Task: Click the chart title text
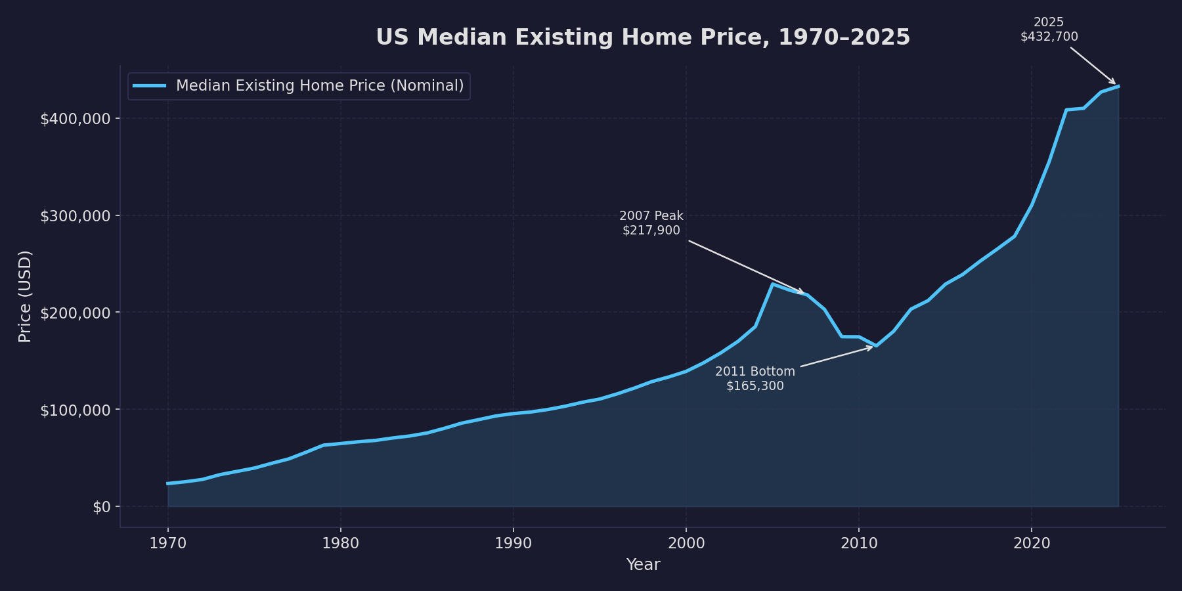tap(643, 37)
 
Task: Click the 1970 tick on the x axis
tap(167, 543)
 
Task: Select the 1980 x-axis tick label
tap(340, 543)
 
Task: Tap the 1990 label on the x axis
tap(513, 543)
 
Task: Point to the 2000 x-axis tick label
tap(686, 543)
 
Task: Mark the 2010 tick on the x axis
tap(858, 543)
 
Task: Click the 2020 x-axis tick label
tap(1031, 543)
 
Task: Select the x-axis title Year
tap(643, 565)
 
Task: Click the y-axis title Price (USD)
tap(25, 296)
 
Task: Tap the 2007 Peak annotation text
tap(651, 223)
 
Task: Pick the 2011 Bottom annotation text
tap(755, 379)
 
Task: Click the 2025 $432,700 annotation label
tap(1049, 30)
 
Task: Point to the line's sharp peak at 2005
tap(772, 284)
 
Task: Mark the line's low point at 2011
tap(876, 345)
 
